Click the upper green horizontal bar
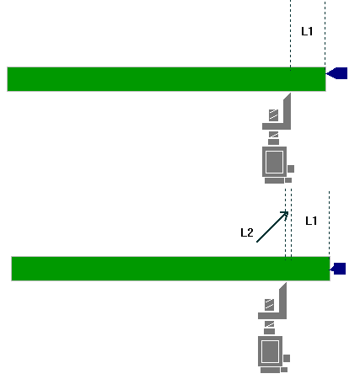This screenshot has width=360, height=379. pos(166,79)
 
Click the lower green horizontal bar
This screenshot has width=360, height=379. pos(170,269)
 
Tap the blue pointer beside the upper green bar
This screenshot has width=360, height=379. pos(336,73)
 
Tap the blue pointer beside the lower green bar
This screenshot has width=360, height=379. pos(338,269)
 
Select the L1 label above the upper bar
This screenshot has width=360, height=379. pos(307,31)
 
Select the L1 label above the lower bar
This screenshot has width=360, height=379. pos(311,221)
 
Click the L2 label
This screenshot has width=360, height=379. pos(247,232)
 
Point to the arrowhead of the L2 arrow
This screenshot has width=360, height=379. pos(287,211)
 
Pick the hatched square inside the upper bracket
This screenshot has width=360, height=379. pos(273,115)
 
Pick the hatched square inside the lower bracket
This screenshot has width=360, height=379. pos(269,305)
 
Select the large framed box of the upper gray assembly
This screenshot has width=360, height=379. pos(275,162)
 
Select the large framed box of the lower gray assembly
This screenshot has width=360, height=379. pos(271,351)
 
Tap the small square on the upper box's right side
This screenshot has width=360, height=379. pos(291,168)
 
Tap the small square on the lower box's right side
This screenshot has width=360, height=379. pos(287,358)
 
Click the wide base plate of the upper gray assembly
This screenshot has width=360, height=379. pos(274,180)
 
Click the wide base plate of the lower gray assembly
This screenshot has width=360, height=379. pos(270,370)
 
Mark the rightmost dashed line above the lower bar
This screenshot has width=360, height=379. pos(330,224)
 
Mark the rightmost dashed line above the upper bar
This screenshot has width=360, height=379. pos(325,34)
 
